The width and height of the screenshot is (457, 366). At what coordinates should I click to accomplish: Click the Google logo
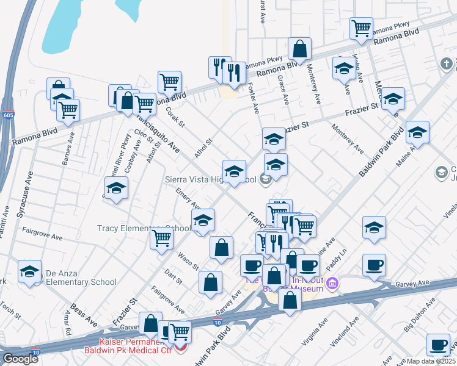pyautogui.click(x=20, y=359)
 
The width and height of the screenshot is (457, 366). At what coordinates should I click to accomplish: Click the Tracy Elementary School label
pyautogui.click(x=144, y=229)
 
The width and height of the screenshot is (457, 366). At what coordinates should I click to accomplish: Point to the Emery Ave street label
pyautogui.click(x=188, y=199)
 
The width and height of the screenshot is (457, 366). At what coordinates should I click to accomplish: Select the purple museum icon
pyautogui.click(x=332, y=283)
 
